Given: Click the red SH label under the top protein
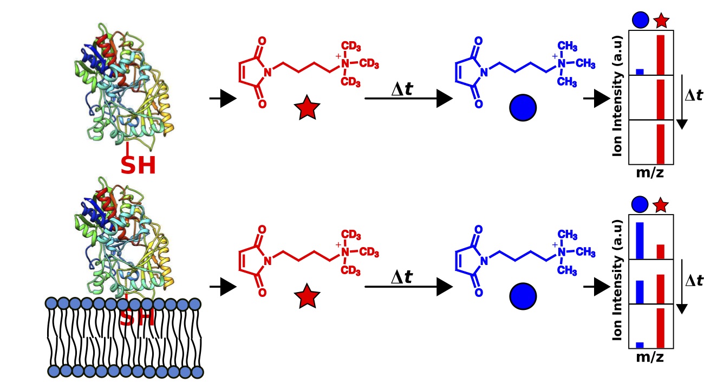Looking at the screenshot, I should click(x=138, y=165).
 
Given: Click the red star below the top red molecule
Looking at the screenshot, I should click(x=307, y=109).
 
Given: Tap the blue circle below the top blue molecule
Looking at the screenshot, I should click(x=523, y=108).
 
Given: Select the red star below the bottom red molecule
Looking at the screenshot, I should click(x=307, y=297).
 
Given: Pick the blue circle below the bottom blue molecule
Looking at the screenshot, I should click(x=523, y=296).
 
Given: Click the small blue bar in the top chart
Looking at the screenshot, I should click(x=640, y=72).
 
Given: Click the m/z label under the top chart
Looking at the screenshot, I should click(x=650, y=173).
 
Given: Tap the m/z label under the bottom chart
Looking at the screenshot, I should click(x=650, y=358).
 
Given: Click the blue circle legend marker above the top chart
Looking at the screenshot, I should click(x=640, y=21).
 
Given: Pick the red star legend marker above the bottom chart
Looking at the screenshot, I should click(x=661, y=205).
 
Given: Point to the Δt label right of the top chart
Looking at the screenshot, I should click(x=694, y=96).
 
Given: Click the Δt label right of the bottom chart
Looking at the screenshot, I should click(x=694, y=281).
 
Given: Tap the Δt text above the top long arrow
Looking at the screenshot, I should click(x=402, y=89).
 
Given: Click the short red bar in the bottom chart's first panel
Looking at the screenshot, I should click(x=660, y=252).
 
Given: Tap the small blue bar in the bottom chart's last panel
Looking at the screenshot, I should click(x=640, y=345).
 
